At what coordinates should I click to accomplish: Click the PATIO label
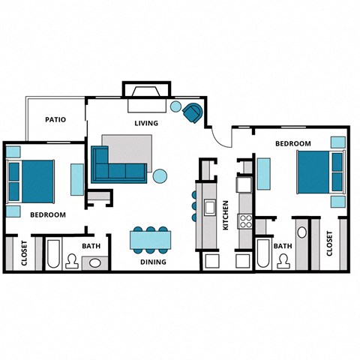pyautogui.click(x=55, y=119)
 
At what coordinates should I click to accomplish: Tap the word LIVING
pyautogui.click(x=145, y=122)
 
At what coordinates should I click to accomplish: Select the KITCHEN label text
pyautogui.click(x=225, y=214)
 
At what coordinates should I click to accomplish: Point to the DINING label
pyautogui.click(x=153, y=262)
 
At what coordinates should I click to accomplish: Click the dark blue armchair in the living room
pyautogui.click(x=192, y=113)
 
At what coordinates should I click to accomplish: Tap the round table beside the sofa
pyautogui.click(x=160, y=177)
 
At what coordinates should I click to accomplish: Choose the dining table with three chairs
pyautogui.click(x=151, y=239)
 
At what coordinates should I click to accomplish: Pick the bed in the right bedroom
pyautogui.click(x=318, y=172)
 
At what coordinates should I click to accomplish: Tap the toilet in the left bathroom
pyautogui.click(x=72, y=260)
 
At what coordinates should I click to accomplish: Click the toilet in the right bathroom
pyautogui.click(x=283, y=260)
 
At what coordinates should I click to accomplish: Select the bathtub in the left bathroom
pyautogui.click(x=53, y=255)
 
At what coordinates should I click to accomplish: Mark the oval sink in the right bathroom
pyautogui.click(x=301, y=232)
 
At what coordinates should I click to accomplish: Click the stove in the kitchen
pyautogui.click(x=244, y=220)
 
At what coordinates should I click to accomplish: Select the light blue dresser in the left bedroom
pyautogui.click(x=78, y=181)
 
